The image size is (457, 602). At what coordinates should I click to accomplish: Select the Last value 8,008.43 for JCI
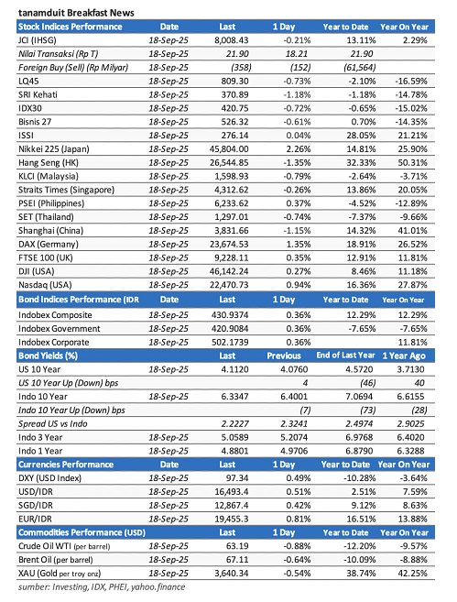tap(231, 42)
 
